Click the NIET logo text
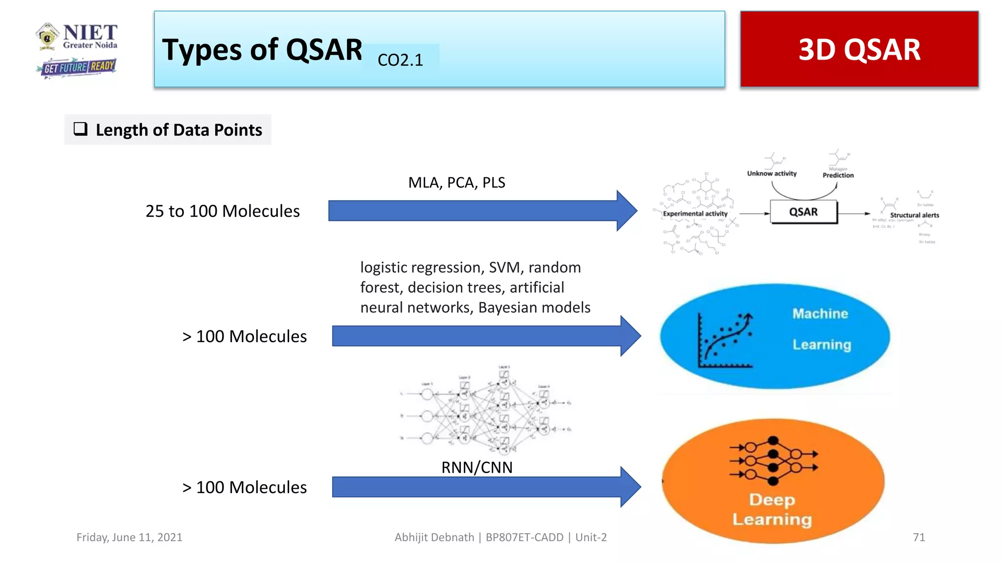(90, 33)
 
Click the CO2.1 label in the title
(400, 60)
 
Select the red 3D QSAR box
(859, 49)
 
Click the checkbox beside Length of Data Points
(80, 129)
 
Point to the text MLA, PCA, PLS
(456, 182)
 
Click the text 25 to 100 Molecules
(223, 211)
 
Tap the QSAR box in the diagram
(803, 212)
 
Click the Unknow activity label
(772, 173)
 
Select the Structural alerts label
(914, 215)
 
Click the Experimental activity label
(695, 214)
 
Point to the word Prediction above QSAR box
(838, 175)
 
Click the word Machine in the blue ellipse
(820, 314)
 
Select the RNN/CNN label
(477, 468)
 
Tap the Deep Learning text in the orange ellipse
(772, 509)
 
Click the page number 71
(919, 537)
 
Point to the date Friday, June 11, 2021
(129, 537)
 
